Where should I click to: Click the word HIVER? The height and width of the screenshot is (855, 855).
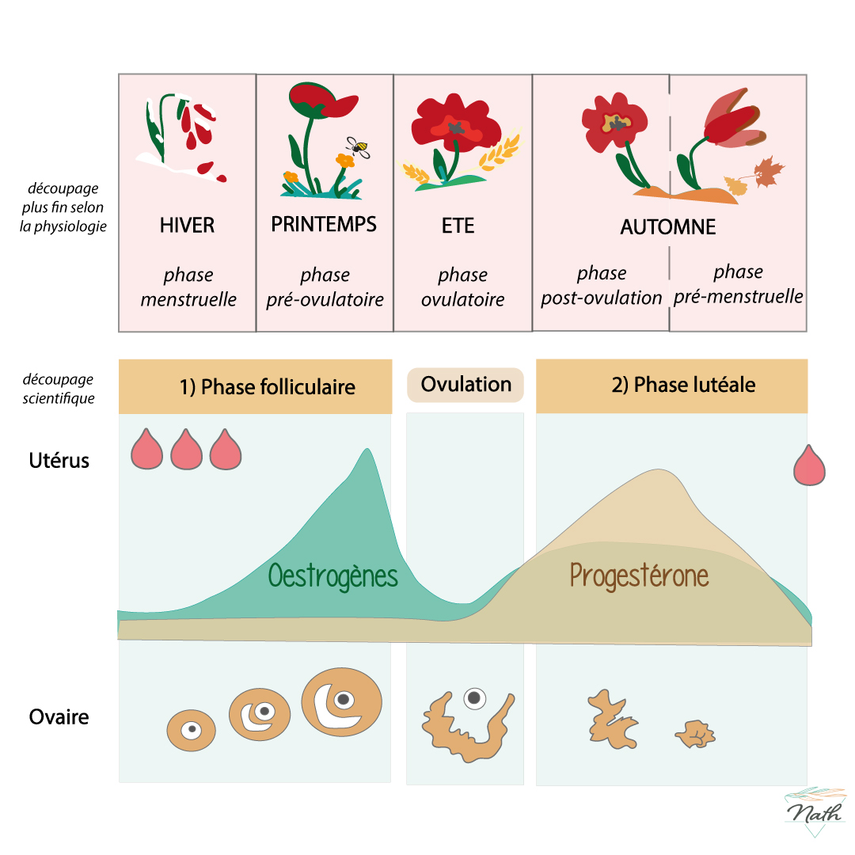187,225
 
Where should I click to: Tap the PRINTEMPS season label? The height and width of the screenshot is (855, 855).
324,224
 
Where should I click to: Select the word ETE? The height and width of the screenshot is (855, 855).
458,226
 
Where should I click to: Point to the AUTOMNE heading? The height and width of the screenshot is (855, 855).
668,227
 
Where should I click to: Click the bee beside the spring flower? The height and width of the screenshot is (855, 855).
359,146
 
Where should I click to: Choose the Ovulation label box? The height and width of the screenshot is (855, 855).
465,385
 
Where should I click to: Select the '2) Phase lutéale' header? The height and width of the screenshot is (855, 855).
683,386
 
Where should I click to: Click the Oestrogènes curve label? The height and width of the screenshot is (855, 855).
332,575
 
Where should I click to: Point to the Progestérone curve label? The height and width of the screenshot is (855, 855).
639,576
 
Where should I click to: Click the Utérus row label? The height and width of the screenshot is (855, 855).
59,460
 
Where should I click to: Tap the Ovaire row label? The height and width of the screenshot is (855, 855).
59,717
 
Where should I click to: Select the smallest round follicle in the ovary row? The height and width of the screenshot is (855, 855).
191,730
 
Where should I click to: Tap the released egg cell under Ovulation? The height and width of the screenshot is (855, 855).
474,697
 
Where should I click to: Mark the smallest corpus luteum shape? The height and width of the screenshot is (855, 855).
694,734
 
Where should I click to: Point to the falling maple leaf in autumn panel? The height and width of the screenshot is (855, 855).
766,172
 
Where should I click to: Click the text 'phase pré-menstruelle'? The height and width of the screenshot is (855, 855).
738,285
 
